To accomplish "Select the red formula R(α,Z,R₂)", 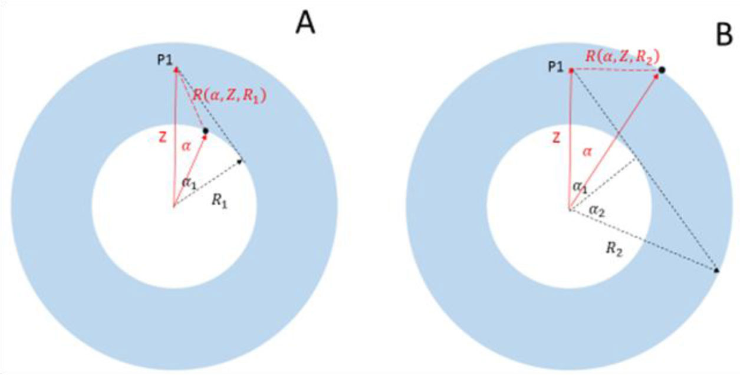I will [x=621, y=57].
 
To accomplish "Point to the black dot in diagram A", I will [x=205, y=130].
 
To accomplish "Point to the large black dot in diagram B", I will [x=662, y=71].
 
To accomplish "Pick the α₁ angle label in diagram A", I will [x=189, y=183].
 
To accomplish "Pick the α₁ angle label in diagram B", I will [x=581, y=186].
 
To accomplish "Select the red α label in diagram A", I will [x=186, y=146].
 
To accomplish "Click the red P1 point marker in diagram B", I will [x=571, y=71].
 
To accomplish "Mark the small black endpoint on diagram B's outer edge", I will [x=716, y=270].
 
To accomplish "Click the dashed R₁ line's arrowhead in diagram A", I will [x=240, y=160].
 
